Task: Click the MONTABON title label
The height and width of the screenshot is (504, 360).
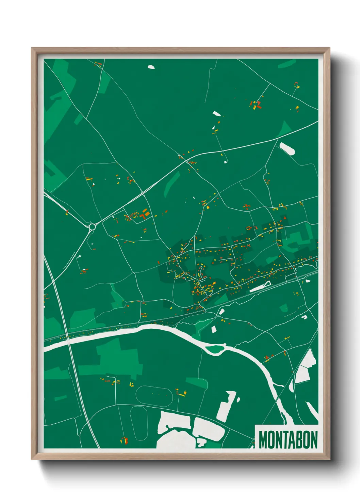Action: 288,440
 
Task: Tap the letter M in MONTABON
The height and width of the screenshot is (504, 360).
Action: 263,440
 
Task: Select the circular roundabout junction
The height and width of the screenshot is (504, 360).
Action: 92,226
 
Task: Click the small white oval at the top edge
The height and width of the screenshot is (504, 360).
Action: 151,67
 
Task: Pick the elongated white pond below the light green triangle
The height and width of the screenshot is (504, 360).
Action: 287,148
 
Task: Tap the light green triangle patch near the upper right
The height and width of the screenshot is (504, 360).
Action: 284,129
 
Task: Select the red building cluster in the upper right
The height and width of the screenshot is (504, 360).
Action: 256,104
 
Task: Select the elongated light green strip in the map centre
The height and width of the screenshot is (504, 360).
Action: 172,184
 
